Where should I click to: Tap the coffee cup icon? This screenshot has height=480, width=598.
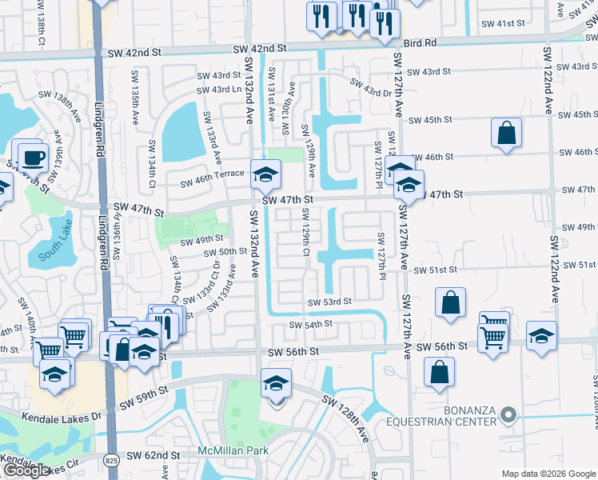point(32,157)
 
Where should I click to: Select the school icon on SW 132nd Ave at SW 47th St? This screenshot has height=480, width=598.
point(265,172)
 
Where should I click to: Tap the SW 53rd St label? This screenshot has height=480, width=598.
point(329,302)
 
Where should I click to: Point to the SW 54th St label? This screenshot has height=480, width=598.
point(310,325)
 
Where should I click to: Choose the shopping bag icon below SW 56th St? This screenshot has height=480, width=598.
point(440,371)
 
